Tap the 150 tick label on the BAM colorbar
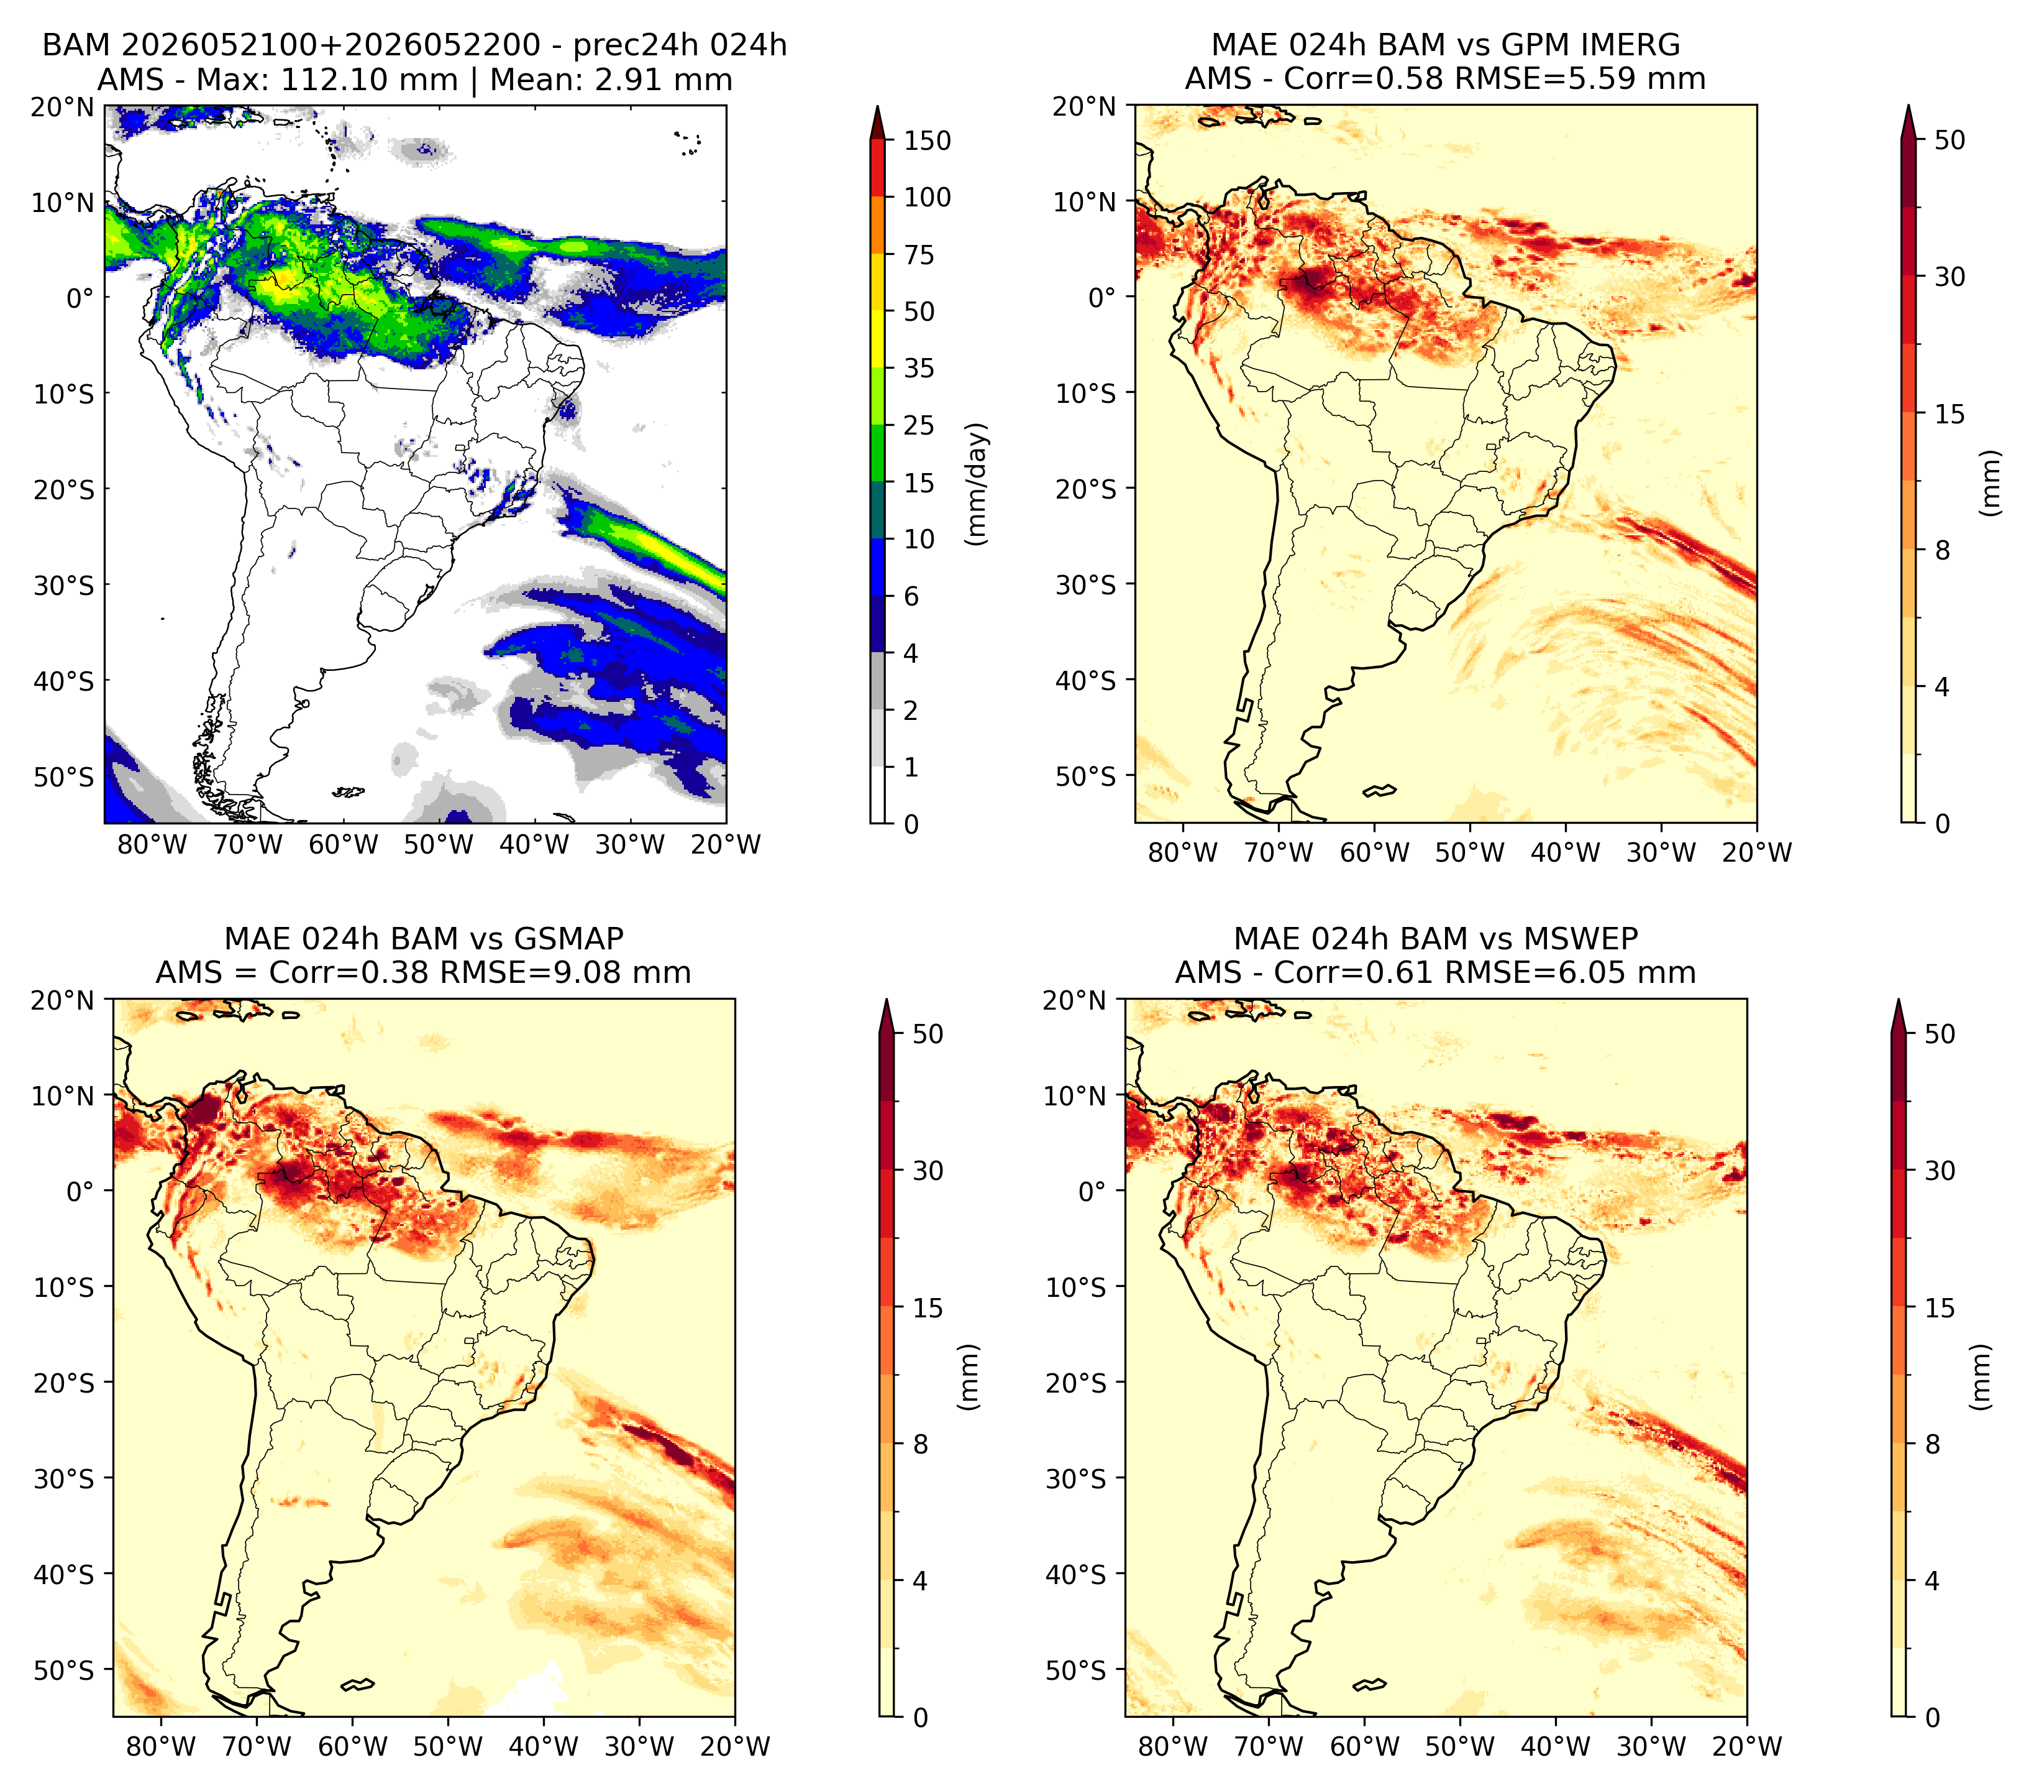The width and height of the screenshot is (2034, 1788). [x=928, y=141]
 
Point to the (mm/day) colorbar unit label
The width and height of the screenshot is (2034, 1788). [x=978, y=484]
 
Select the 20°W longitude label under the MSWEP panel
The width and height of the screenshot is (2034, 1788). [x=1748, y=1746]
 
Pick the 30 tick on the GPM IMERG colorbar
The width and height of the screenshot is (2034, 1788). [x=1950, y=277]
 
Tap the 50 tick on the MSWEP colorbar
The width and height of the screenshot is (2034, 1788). [x=1940, y=1035]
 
